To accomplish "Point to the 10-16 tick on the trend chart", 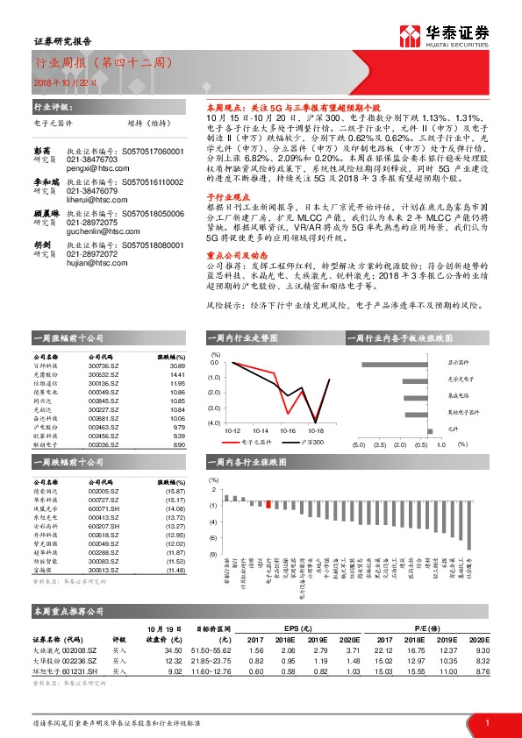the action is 288,430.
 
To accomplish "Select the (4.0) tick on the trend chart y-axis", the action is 214,423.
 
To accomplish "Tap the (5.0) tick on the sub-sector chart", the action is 358,445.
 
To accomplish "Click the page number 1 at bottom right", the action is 486,721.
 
